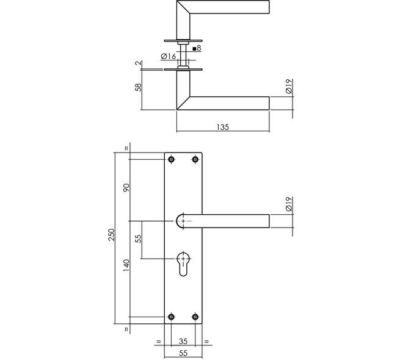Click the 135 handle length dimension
coord(223,127)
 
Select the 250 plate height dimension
coord(112,234)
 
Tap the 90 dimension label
coord(127,188)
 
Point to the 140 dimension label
coord(126,265)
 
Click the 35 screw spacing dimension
coord(183,341)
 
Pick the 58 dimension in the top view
coord(138,87)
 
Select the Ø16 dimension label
coord(169,56)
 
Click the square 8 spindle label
coord(197,48)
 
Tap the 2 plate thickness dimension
coord(138,63)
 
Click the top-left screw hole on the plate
coord(171,159)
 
